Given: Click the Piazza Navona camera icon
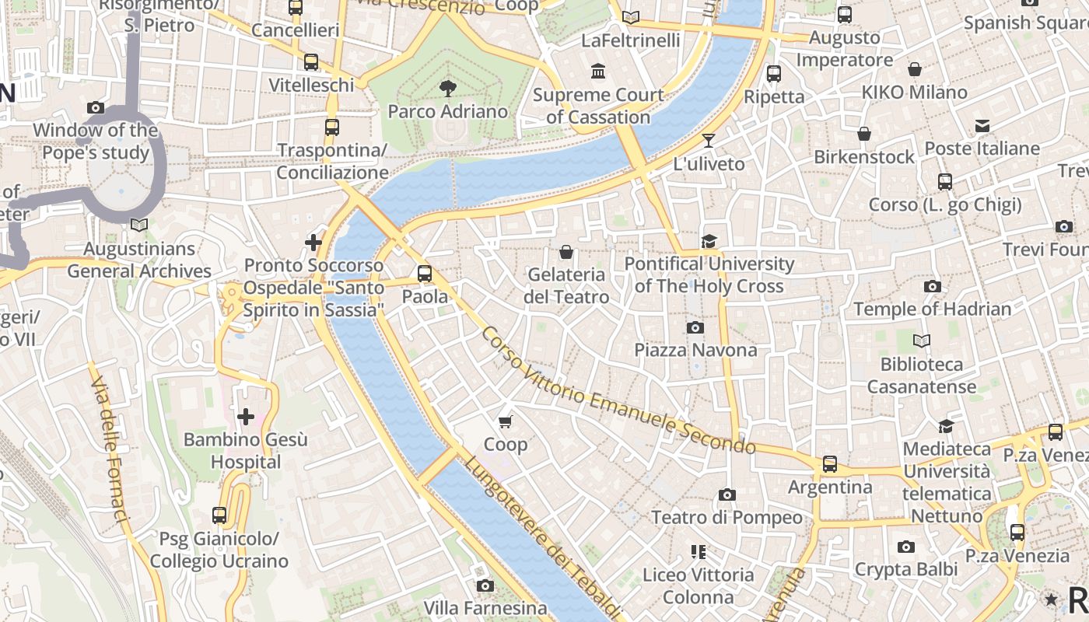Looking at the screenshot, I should click(695, 328).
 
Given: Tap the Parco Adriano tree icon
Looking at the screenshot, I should click(447, 88).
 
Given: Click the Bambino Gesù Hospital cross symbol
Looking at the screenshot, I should click(246, 418).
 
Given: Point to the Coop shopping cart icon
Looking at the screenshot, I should click(506, 422).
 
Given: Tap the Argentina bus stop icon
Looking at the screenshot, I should click(830, 464).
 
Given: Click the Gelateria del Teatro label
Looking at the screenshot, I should click(567, 285).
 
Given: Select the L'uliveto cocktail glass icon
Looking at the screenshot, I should click(709, 141).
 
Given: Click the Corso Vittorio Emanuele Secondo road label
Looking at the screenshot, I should click(618, 390).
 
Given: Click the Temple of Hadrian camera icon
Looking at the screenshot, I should click(933, 287).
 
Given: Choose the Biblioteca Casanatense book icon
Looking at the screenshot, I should click(922, 341).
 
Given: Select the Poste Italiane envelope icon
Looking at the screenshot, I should click(982, 126).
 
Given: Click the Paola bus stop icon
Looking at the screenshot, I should click(424, 274).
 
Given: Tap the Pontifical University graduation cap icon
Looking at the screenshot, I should click(709, 242).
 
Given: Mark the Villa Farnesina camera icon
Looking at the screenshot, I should click(485, 585).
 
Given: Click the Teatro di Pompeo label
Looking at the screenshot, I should click(727, 517).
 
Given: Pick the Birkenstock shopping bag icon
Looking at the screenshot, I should click(864, 135).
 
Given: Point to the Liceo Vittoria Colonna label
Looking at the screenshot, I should click(698, 586).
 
